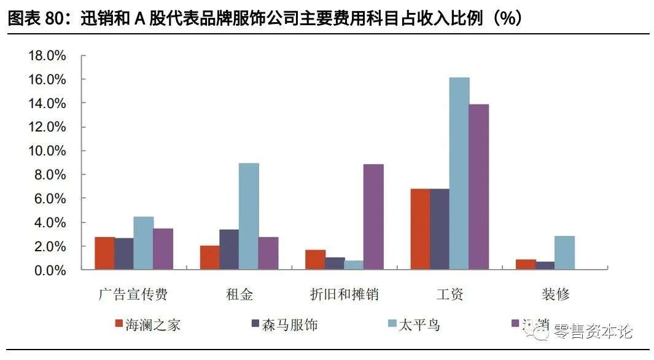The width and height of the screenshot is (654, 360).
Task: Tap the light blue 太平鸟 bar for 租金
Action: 249,216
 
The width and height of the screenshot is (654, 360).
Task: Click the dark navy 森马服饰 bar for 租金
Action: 229,249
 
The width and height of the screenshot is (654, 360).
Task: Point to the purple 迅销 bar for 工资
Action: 479,187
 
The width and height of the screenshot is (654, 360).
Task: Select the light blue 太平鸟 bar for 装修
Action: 564,252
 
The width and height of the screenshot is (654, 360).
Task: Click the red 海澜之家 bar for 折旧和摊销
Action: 315,260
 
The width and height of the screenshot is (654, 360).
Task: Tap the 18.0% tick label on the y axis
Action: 47,56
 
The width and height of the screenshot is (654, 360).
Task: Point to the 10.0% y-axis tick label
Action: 47,151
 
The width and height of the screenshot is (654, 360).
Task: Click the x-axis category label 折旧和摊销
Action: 344,294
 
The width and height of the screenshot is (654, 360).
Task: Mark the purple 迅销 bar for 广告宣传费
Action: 163,249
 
